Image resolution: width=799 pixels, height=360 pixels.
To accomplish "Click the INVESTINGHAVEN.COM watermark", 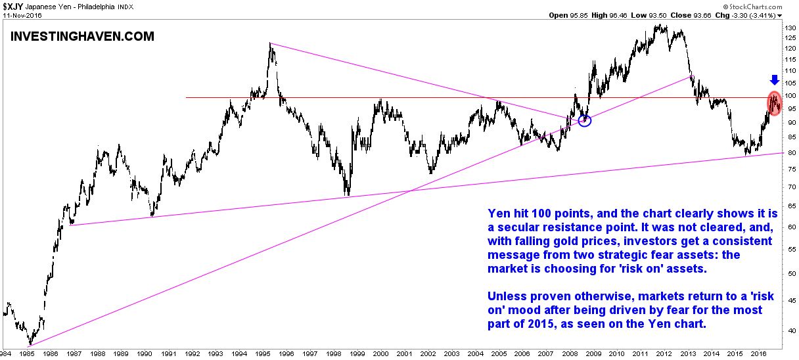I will [83, 37].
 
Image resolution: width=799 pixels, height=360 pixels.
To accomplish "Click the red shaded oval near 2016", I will [775, 103].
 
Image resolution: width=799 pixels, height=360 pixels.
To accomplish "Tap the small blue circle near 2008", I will [585, 120].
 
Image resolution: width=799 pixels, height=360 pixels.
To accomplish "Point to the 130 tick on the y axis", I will [790, 28].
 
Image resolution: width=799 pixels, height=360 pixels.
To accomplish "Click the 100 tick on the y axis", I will [790, 97].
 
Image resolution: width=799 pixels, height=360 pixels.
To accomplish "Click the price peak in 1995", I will [271, 44].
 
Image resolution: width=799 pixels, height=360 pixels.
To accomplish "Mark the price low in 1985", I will [30, 345].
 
